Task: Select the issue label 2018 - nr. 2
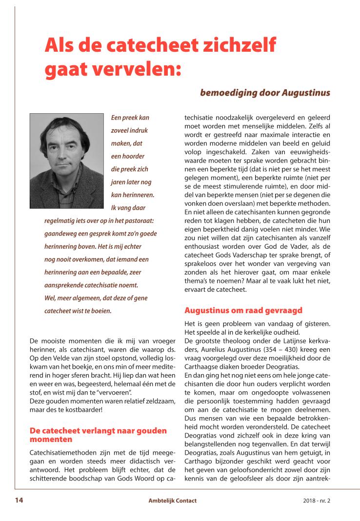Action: [x=316, y=501]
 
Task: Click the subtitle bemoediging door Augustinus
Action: [x=265, y=92]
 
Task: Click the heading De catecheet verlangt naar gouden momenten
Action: [x=98, y=435]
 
